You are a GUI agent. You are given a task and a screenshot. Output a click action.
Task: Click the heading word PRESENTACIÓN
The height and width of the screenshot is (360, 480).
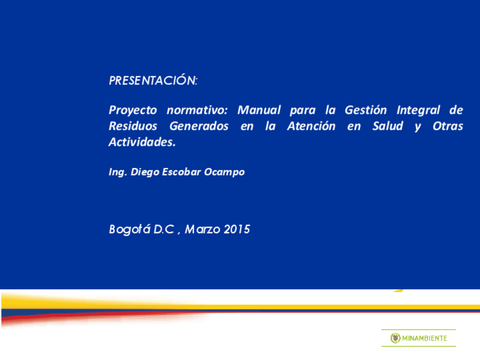click(x=152, y=81)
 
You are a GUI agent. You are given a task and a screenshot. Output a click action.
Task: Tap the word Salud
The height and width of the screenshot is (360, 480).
click(x=387, y=126)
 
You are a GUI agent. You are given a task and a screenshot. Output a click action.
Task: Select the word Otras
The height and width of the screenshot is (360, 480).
click(x=448, y=126)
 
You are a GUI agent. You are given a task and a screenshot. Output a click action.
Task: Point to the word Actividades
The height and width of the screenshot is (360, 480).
click(x=142, y=143)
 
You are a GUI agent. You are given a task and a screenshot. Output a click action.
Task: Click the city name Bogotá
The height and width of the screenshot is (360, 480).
click(x=128, y=230)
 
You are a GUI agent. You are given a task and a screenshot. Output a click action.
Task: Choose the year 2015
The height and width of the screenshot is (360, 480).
click(x=237, y=230)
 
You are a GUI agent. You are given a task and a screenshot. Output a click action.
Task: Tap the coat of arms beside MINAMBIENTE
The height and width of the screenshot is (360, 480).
click(x=395, y=338)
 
